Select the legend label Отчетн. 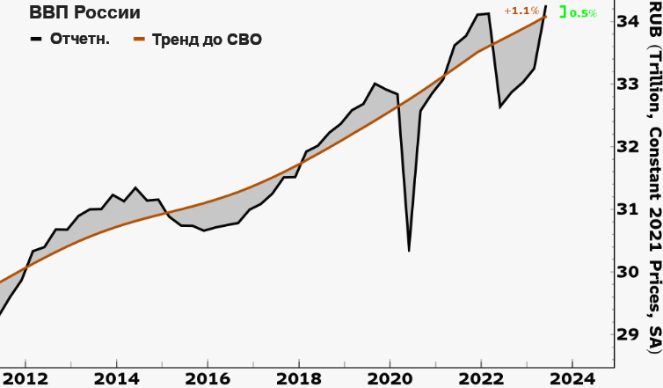(81, 40)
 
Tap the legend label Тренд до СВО (207, 40)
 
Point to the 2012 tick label (25, 377)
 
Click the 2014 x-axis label (116, 377)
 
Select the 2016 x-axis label (208, 377)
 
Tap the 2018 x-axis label (298, 377)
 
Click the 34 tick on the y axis (628, 20)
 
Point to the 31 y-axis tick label (628, 233)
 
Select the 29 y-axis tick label (628, 334)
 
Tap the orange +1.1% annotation (521, 11)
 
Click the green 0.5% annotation (583, 13)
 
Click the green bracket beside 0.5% (563, 13)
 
